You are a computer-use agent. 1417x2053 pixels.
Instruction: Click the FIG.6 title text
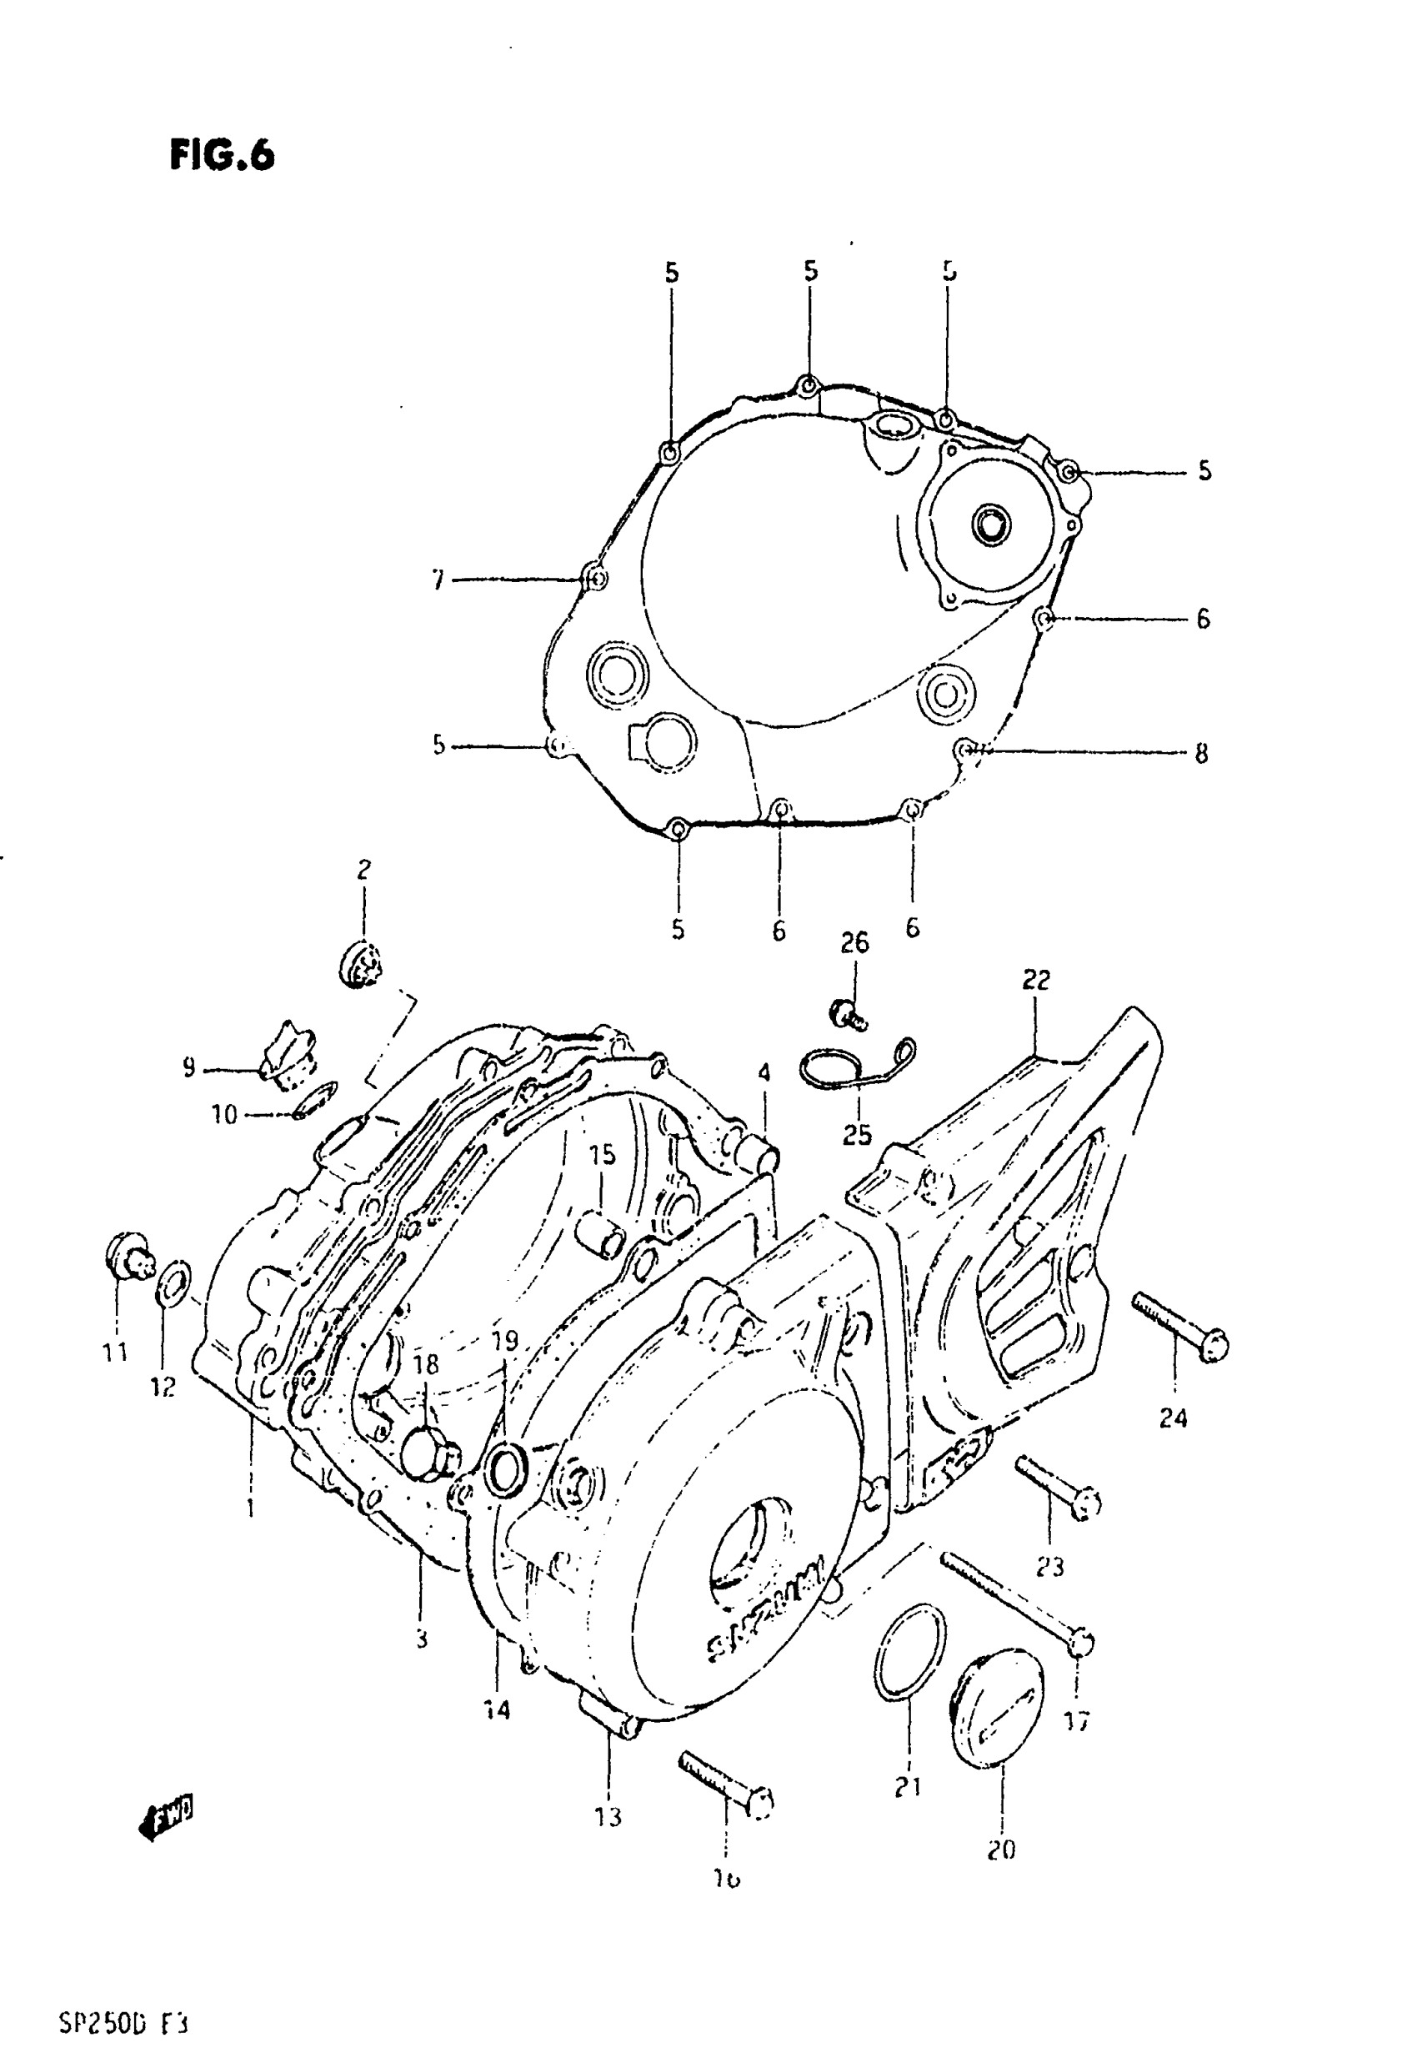[222, 155]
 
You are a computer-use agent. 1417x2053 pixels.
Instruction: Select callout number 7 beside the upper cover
[438, 580]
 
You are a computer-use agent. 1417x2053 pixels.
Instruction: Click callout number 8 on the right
[1200, 754]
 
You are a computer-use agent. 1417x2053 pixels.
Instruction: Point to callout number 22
[1035, 980]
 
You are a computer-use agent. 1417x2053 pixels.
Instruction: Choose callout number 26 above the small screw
[854, 943]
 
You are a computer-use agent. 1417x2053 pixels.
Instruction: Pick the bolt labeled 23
[1058, 1488]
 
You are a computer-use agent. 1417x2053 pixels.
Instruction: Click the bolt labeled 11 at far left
[128, 1256]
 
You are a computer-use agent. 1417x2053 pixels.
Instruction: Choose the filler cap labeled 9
[287, 1054]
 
